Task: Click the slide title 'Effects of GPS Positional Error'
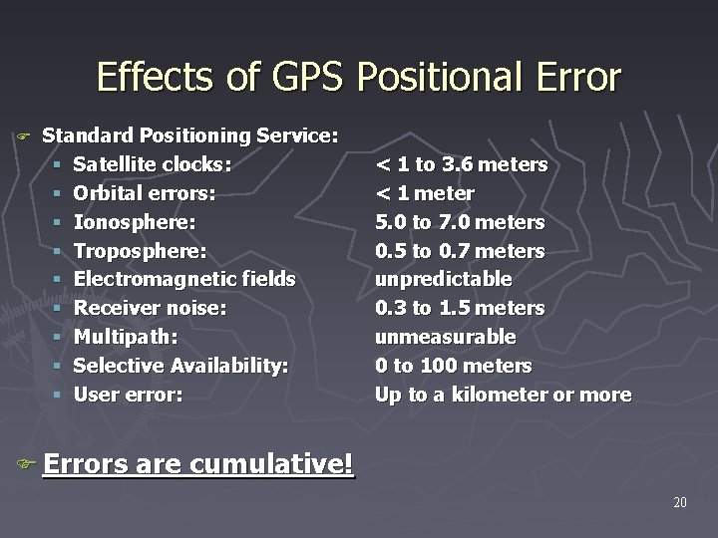pyautogui.click(x=359, y=77)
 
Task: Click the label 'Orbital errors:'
pyautogui.click(x=146, y=192)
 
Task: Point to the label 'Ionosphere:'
pyautogui.click(x=135, y=221)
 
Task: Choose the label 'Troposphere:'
pyautogui.click(x=141, y=250)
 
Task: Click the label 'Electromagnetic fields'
pyautogui.click(x=184, y=279)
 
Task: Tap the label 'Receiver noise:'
pyautogui.click(x=150, y=308)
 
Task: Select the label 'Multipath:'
pyautogui.click(x=126, y=337)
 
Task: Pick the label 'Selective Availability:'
pyautogui.click(x=181, y=366)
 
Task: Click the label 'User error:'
pyautogui.click(x=129, y=395)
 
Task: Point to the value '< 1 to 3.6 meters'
pyautogui.click(x=461, y=163)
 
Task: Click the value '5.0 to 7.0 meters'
pyautogui.click(x=460, y=221)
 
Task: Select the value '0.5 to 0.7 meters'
pyautogui.click(x=460, y=250)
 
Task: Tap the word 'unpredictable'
pyautogui.click(x=443, y=279)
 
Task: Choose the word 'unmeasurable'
pyautogui.click(x=445, y=337)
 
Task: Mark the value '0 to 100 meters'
pyautogui.click(x=453, y=366)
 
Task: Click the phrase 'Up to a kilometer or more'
pyautogui.click(x=503, y=395)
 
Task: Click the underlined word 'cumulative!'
pyautogui.click(x=272, y=464)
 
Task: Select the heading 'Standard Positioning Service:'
pyautogui.click(x=190, y=134)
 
